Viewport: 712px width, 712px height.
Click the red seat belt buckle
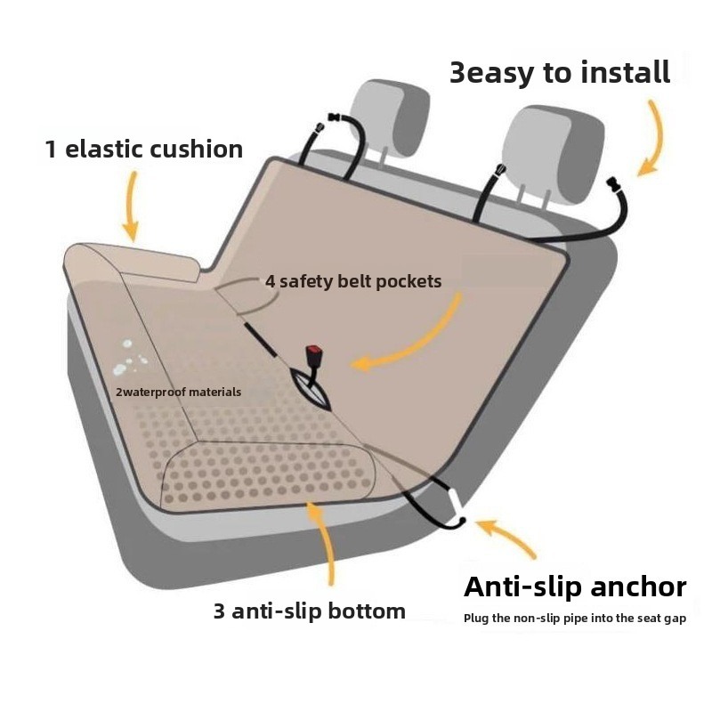pos(313,352)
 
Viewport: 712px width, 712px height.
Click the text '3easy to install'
pos(559,72)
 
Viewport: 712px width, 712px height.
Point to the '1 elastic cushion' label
pos(143,149)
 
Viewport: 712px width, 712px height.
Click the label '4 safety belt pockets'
pos(353,281)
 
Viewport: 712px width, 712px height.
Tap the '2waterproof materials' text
pos(178,392)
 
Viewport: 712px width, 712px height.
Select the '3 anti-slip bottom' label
pos(309,611)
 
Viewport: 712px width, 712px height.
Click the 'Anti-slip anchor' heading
pos(575,587)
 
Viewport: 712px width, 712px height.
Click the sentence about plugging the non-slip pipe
pos(574,619)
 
